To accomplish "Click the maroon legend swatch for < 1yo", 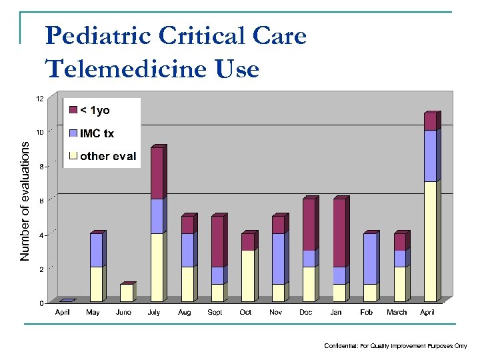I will (73, 110).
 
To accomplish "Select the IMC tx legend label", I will (97, 133).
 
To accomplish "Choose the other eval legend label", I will (107, 157).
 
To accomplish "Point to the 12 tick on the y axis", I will (39, 99).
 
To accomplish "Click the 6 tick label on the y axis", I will (41, 201).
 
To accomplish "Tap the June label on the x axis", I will (123, 312).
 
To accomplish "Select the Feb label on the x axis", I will (367, 312).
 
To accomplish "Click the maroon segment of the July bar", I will (157, 173).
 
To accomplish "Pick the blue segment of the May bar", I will (96, 250).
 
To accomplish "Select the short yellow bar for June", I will (126, 293).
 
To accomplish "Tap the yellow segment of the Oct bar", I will (247, 275).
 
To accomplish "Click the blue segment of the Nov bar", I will (278, 259).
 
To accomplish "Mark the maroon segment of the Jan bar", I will (339, 233).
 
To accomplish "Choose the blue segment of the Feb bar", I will (369, 259).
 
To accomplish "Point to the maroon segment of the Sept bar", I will (217, 241).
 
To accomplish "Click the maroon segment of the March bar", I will (399, 241).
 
